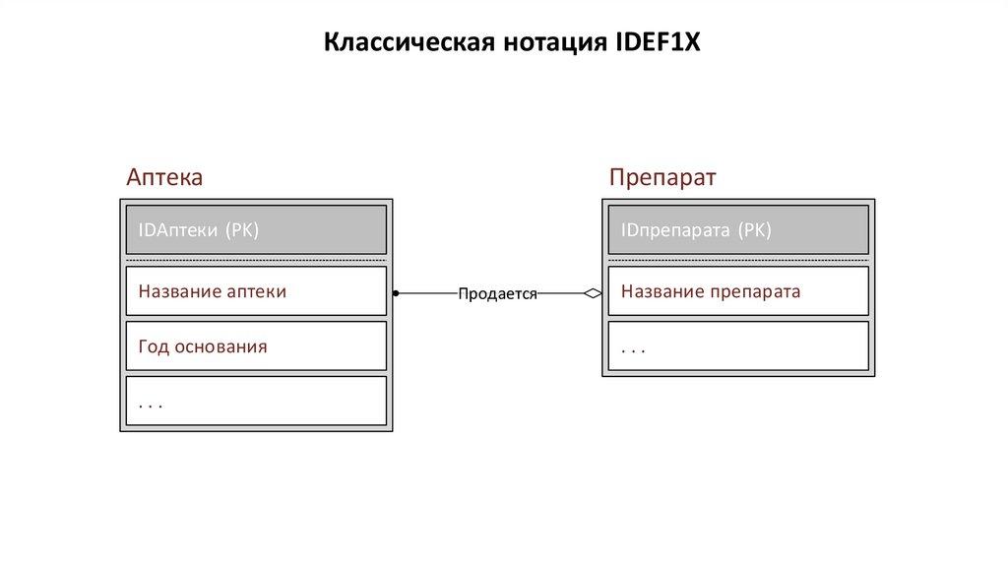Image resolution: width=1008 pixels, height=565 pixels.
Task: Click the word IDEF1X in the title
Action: (657, 44)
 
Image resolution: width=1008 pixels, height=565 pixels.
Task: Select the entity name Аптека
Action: (164, 178)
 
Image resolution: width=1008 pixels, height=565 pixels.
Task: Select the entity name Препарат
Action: (662, 178)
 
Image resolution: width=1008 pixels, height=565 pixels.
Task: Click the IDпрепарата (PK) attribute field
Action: (738, 230)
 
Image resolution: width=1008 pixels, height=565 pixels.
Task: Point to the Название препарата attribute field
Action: (738, 291)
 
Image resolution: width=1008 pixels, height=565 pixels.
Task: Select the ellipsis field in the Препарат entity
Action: (738, 346)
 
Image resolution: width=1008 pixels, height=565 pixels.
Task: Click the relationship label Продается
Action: (497, 293)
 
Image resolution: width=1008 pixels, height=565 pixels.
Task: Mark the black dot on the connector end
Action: (395, 292)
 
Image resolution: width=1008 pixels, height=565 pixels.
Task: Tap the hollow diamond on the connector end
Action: (593, 292)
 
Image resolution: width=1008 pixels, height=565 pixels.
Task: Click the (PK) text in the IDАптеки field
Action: (242, 230)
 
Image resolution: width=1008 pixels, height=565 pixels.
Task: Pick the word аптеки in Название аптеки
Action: (257, 291)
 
